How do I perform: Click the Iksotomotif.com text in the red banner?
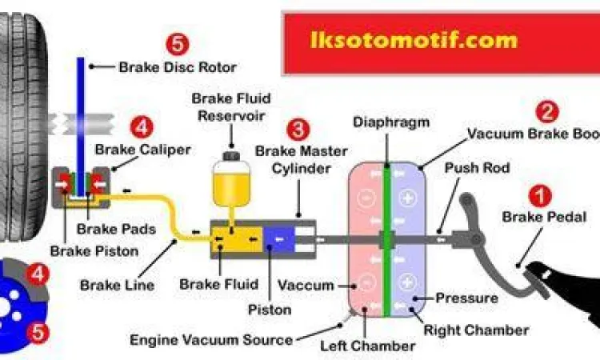click(413, 39)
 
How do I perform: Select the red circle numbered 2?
click(547, 112)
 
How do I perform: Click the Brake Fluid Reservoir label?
click(231, 108)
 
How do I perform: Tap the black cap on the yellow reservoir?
click(230, 150)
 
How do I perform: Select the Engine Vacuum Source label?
click(211, 340)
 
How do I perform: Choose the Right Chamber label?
click(475, 330)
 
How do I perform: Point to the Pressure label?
click(466, 298)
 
